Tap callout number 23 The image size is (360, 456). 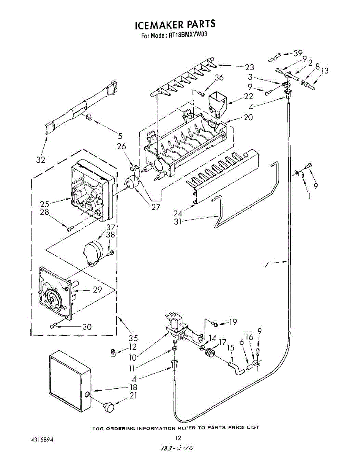click(x=249, y=68)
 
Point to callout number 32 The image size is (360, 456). click(x=41, y=160)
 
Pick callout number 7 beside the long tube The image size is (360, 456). click(x=267, y=264)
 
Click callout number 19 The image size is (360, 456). click(x=232, y=322)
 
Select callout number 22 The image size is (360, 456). click(x=248, y=97)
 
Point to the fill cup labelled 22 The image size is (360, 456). click(x=217, y=102)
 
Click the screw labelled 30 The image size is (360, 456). click(x=54, y=326)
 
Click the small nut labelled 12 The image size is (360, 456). click(x=112, y=353)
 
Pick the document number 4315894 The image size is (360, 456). click(x=42, y=439)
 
